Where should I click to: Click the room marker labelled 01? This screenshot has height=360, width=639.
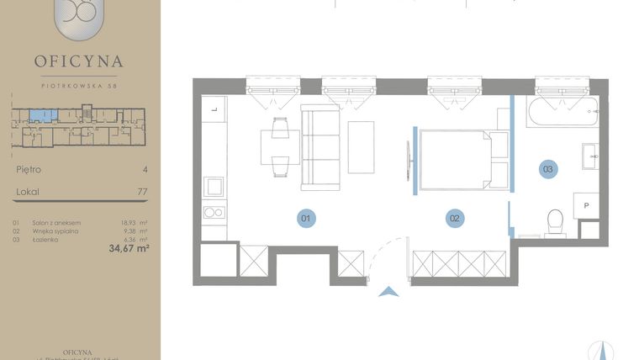(x=306, y=219)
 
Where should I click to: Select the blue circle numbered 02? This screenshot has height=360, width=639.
(x=454, y=219)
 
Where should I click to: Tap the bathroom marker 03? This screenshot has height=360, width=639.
(x=547, y=169)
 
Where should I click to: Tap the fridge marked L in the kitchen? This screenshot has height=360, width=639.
(x=214, y=109)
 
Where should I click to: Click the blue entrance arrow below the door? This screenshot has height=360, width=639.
(x=388, y=292)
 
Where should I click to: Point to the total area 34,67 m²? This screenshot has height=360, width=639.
(x=128, y=248)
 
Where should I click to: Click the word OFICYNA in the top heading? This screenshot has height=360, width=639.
(x=79, y=61)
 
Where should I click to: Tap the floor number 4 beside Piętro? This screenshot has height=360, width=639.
(x=145, y=169)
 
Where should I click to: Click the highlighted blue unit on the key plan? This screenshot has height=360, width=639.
(x=39, y=114)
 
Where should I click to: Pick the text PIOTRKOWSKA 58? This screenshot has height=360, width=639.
(x=79, y=83)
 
